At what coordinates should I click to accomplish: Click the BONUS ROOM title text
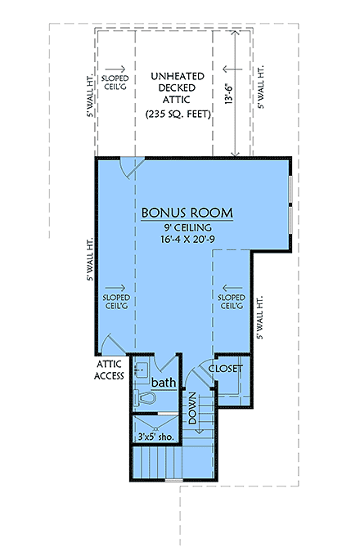[187, 213]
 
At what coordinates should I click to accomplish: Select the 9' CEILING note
[187, 227]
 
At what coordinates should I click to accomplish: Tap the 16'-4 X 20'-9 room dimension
[187, 241]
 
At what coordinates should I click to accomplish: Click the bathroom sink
[141, 368]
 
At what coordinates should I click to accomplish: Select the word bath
[164, 382]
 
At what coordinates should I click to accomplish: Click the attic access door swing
[111, 344]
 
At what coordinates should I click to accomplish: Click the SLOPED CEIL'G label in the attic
[112, 83]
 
